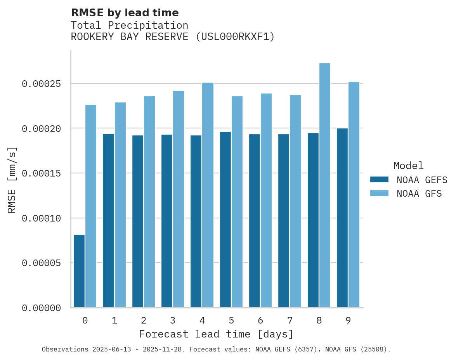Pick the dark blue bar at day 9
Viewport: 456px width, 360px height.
coord(342,218)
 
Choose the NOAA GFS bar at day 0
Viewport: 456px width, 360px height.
coord(91,206)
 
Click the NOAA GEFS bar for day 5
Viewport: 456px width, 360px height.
coord(225,220)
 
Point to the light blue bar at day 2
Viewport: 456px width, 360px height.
coord(149,202)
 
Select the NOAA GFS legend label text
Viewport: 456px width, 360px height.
coord(419,193)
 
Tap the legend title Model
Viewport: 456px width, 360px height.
coord(408,166)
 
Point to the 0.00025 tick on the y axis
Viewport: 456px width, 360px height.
coord(41,84)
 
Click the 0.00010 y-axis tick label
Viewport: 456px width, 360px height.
coord(41,218)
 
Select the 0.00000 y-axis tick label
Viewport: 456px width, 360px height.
coord(41,308)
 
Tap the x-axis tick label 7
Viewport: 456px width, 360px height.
coord(290,320)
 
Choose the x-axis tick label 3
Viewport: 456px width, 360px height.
coord(173,320)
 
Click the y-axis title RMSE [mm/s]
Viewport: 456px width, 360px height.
coord(12,180)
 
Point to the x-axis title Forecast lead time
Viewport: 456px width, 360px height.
coord(216,334)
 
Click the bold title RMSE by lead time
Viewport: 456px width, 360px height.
coord(125,13)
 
